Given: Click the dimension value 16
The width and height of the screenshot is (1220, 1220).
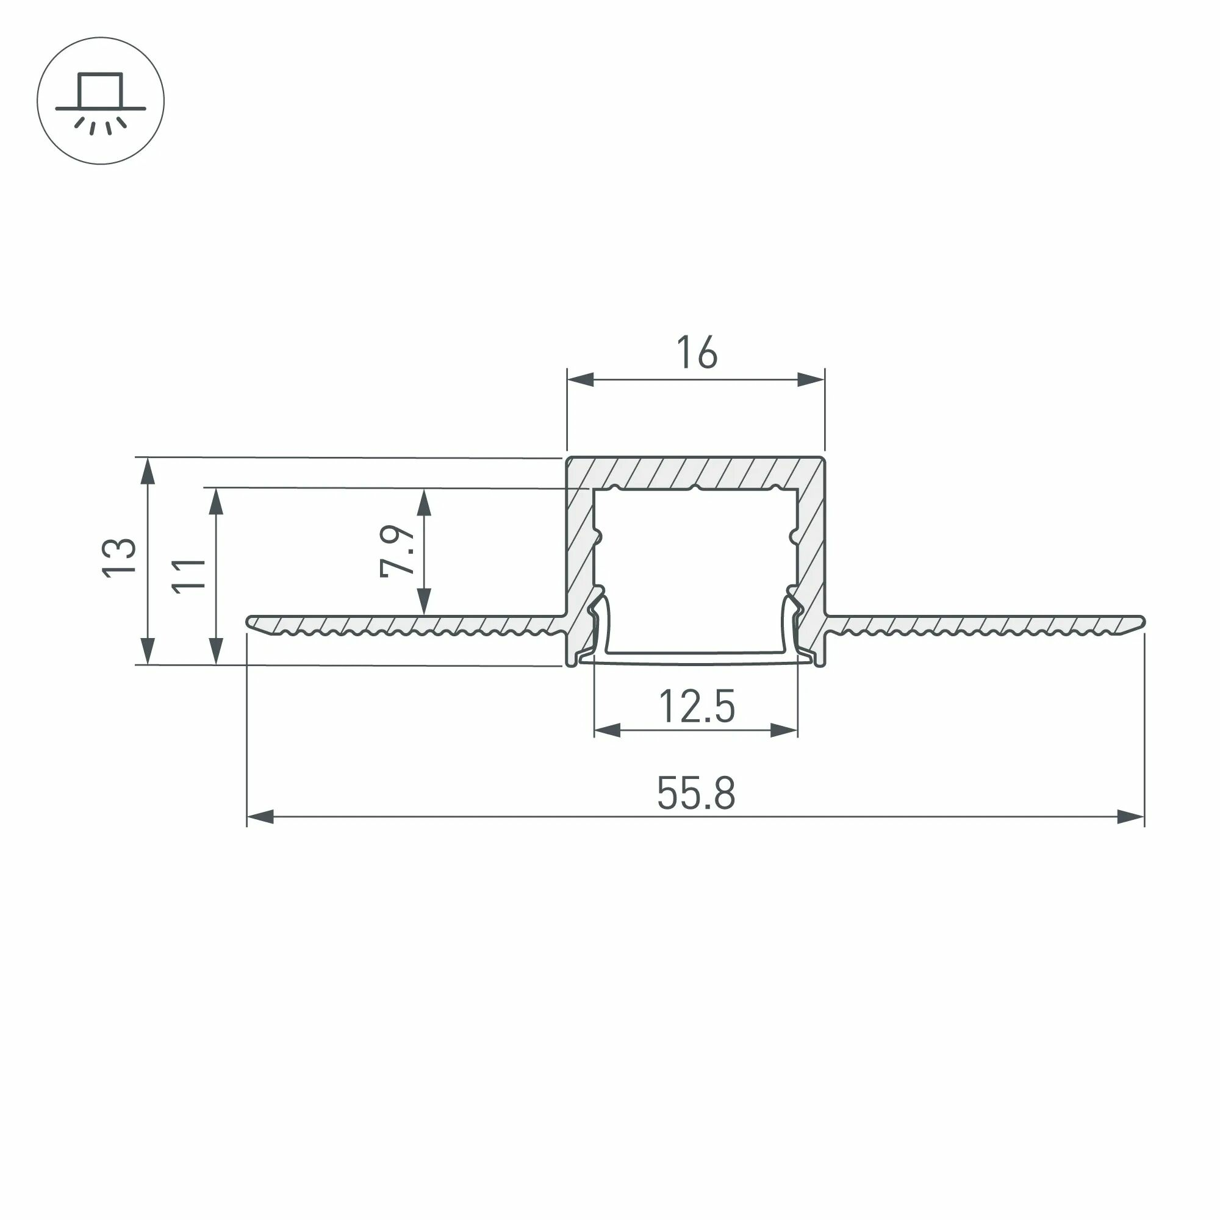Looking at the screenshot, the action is (x=697, y=353).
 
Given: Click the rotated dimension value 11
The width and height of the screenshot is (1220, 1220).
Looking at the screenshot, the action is (x=189, y=575).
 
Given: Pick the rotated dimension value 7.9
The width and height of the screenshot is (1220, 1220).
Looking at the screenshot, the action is (x=398, y=551).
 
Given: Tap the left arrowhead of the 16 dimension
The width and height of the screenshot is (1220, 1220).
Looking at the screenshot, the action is (x=580, y=379).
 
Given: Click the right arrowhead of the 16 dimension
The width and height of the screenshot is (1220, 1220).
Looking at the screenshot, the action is (x=811, y=379).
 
